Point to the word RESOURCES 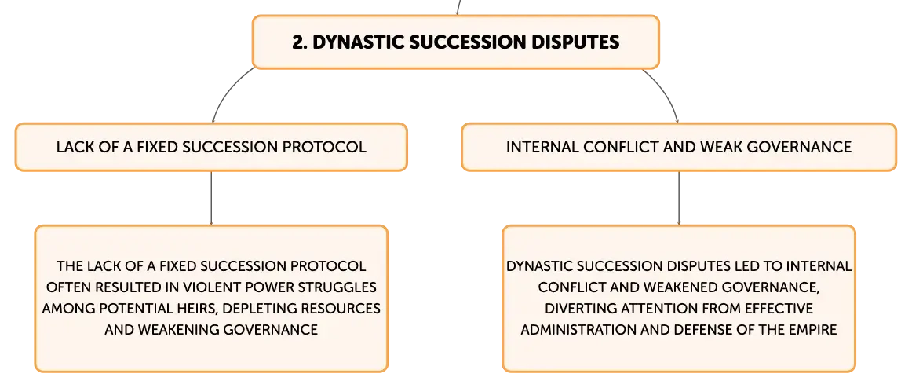click(x=344, y=309)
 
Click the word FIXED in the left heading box click(x=158, y=147)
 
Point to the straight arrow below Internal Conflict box click(x=679, y=198)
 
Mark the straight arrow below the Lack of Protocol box click(x=211, y=198)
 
